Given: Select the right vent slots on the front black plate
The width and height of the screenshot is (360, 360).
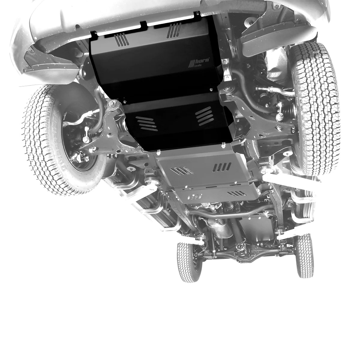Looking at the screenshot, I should pyautogui.click(x=173, y=31).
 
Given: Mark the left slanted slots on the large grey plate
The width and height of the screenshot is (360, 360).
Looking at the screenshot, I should pyautogui.click(x=181, y=171).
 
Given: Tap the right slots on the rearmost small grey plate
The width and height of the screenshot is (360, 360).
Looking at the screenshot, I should pyautogui.click(x=237, y=193).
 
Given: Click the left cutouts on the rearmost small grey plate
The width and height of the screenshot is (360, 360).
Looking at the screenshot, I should pyautogui.click(x=195, y=197).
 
